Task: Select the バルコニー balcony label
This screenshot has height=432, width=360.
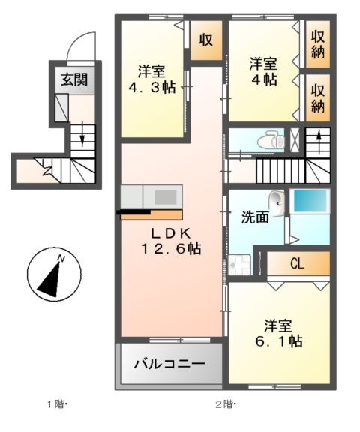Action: pos(169,364)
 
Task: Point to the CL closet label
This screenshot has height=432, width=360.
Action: pos(298,263)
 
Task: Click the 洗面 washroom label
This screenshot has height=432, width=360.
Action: pos(254,219)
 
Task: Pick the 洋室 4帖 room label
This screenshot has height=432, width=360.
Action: pos(264,71)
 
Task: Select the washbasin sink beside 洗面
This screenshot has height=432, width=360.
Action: pos(278,202)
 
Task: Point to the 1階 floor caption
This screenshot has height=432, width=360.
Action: pos(58,405)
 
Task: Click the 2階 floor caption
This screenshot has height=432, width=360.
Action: pos(226,405)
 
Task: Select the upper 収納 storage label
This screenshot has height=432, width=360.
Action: pos(318,43)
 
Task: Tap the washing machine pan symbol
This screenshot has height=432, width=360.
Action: pos(242,264)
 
